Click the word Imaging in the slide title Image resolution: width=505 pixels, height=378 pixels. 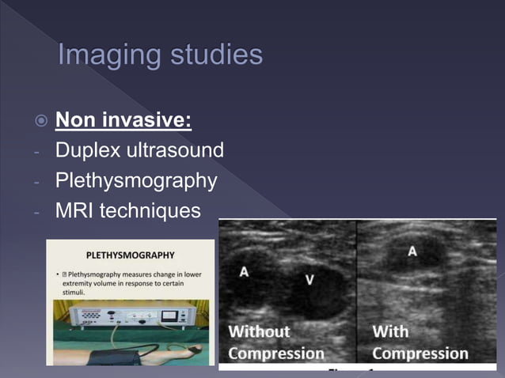coord(106,55)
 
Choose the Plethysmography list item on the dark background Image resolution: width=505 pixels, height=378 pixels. coord(135,181)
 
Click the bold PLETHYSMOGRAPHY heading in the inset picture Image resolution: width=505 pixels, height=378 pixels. coord(131,255)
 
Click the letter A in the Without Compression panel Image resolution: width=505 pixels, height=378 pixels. coord(244,271)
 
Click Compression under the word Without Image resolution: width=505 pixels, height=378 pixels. coord(276,353)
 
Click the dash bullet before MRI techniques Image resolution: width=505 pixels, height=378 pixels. coord(37,212)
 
